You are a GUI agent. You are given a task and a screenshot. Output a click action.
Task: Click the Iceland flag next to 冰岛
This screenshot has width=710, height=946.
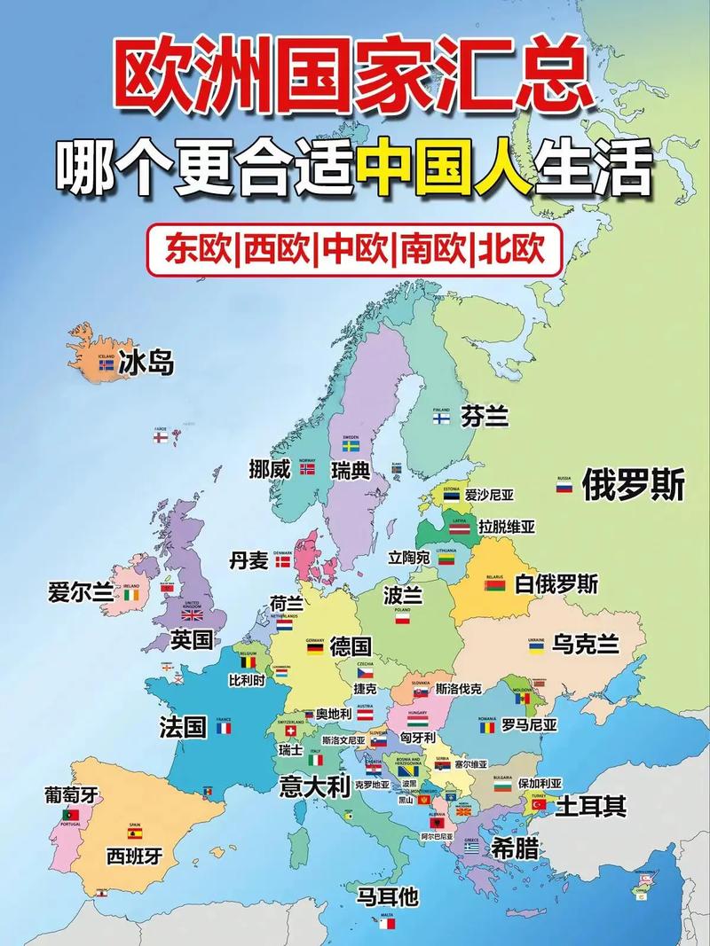click(x=106, y=364)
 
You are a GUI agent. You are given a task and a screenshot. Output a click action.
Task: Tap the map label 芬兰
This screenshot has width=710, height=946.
click(x=485, y=416)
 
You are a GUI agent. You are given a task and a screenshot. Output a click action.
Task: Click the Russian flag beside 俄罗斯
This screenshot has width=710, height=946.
click(x=564, y=488)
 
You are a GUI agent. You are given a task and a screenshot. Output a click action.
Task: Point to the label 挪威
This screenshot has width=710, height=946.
click(x=270, y=470)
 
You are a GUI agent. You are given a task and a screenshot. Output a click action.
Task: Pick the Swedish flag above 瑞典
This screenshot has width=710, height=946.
click(x=351, y=447)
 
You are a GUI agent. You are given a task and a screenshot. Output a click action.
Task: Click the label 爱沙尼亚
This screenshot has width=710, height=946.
click(x=490, y=495)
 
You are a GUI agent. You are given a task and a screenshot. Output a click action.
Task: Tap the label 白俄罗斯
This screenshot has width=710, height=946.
click(x=556, y=584)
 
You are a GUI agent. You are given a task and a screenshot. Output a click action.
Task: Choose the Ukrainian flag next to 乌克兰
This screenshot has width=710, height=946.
click(x=536, y=648)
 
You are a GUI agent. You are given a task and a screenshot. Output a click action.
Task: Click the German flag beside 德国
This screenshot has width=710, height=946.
click(x=315, y=648)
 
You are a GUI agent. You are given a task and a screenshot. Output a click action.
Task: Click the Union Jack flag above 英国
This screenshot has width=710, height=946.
click(x=192, y=614)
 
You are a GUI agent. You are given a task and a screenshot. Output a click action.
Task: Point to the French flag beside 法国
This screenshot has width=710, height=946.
click(x=224, y=728)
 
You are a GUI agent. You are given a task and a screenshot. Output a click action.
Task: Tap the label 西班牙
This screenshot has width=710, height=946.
click(x=135, y=856)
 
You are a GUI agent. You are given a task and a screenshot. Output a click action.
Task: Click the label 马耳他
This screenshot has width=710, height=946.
click(x=387, y=896)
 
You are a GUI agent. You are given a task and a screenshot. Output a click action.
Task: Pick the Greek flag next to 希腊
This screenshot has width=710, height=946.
click(x=471, y=848)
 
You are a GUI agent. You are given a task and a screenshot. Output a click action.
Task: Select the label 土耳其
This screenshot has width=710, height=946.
click(x=591, y=806)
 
